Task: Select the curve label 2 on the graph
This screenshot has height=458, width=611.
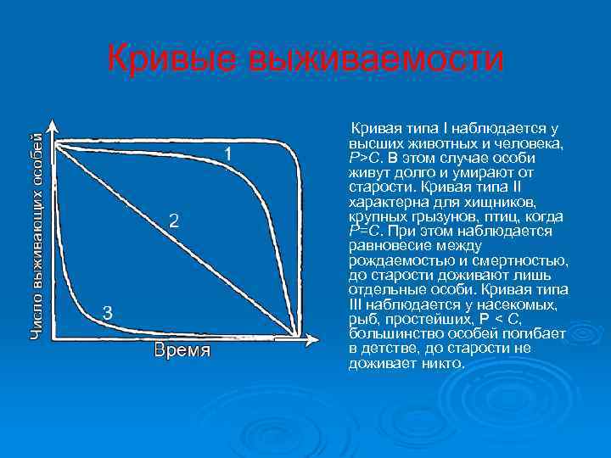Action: [x=173, y=221]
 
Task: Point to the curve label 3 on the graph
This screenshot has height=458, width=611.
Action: [x=108, y=312]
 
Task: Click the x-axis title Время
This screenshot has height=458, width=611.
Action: [x=182, y=350]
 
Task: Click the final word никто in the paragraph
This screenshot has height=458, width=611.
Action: [x=441, y=362]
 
